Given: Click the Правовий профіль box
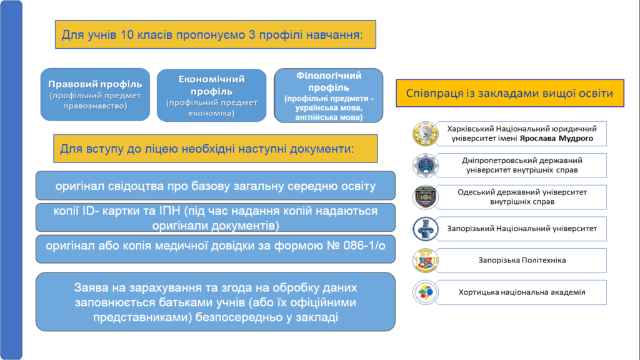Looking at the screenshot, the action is tap(95, 94).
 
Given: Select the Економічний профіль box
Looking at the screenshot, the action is tap(211, 96).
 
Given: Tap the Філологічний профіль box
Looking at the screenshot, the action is tap(329, 96).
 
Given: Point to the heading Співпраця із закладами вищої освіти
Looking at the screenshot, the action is tap(510, 93).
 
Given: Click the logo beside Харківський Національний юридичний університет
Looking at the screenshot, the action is tap(425, 134).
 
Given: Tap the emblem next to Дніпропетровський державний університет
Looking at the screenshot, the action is tap(425, 166).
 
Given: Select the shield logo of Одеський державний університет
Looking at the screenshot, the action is tap(425, 197).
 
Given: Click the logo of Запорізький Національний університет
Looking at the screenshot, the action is tap(425, 229).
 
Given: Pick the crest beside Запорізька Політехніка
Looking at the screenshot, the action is tap(425, 261).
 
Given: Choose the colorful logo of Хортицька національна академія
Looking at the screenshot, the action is tap(425, 292).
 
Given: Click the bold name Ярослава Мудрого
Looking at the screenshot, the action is tap(556, 139).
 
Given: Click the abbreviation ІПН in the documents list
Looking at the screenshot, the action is tap(171, 211).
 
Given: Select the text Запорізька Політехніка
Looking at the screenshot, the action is tap(522, 261).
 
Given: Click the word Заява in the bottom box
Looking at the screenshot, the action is tap(91, 288).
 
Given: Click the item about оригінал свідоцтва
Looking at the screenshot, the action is tap(216, 186).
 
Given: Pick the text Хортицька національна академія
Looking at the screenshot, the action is tap(522, 292).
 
